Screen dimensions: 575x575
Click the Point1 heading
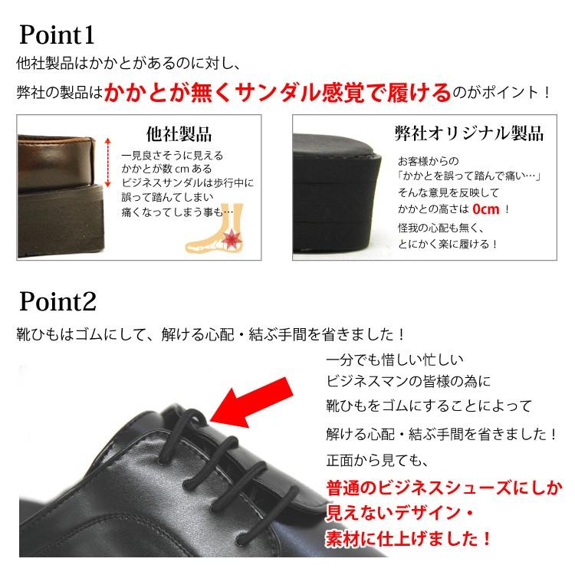click(x=57, y=34)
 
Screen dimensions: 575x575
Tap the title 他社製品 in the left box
click(x=179, y=133)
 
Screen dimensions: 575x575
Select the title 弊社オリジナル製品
click(x=469, y=133)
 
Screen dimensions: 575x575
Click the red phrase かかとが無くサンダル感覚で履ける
click(x=278, y=93)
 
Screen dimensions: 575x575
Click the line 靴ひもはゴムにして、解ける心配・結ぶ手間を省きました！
click(x=211, y=335)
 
